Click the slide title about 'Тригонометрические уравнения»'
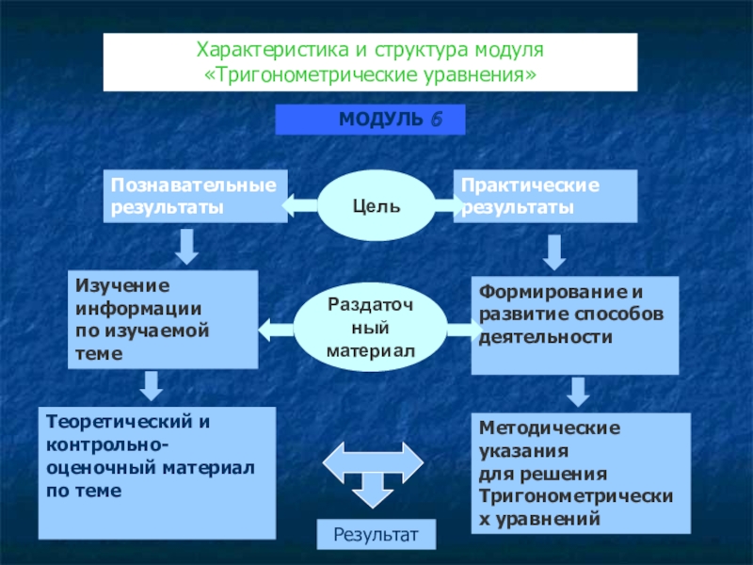pyautogui.click(x=370, y=61)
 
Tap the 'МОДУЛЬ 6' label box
pyautogui.click(x=370, y=121)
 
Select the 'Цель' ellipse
pyautogui.click(x=376, y=204)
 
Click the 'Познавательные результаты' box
pyautogui.click(x=195, y=196)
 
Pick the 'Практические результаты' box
pyautogui.click(x=546, y=196)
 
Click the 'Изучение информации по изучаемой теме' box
pyautogui.click(x=163, y=319)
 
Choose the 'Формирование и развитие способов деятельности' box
pyautogui.click(x=574, y=326)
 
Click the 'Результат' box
pyautogui.click(x=376, y=534)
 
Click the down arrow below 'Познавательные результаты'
pyautogui.click(x=186, y=246)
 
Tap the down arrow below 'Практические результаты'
pyautogui.click(x=554, y=251)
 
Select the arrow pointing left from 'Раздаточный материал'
pyautogui.click(x=276, y=329)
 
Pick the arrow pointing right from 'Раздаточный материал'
pyautogui.click(x=463, y=329)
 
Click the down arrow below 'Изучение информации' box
pyautogui.click(x=151, y=384)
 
